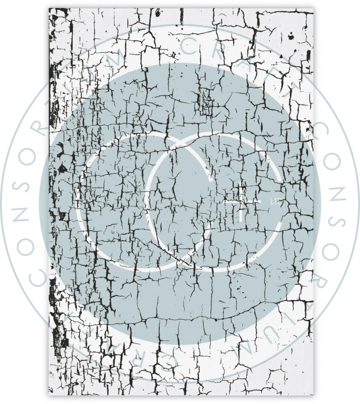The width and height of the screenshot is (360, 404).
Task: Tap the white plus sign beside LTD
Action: [242, 201]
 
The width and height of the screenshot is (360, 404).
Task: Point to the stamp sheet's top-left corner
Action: [49, 9]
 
